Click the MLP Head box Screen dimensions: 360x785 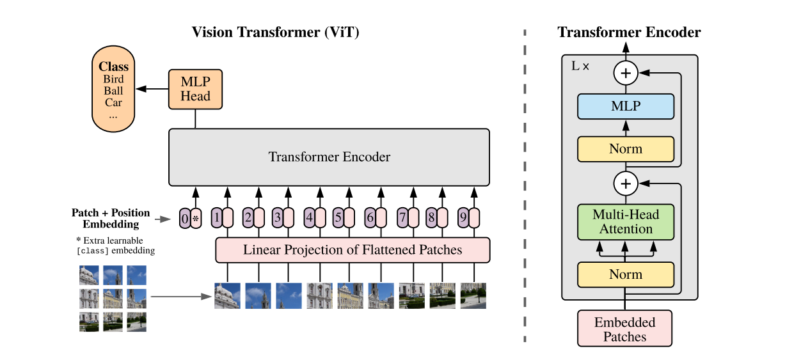tap(195, 89)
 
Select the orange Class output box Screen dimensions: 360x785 tap(113, 89)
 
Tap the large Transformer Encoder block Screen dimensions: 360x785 tap(329, 157)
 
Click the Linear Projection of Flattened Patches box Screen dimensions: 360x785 tap(352, 249)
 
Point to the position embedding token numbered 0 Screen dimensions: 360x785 tap(185, 219)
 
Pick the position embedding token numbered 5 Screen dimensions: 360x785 tap(338, 219)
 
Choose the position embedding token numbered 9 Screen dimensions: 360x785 tap(463, 219)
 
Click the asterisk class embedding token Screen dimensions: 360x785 tap(196, 219)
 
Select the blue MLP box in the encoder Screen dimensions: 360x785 tap(626, 106)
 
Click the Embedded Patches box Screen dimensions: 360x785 tap(625, 329)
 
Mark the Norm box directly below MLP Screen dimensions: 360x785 tap(626, 148)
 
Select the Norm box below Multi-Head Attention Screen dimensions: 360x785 tap(626, 274)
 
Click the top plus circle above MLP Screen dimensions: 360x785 tap(626, 74)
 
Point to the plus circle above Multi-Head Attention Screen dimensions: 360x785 tap(626, 184)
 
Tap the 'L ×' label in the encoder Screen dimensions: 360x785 tap(580, 66)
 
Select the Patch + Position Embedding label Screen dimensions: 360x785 tap(111, 218)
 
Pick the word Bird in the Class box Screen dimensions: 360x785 tap(113, 79)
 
